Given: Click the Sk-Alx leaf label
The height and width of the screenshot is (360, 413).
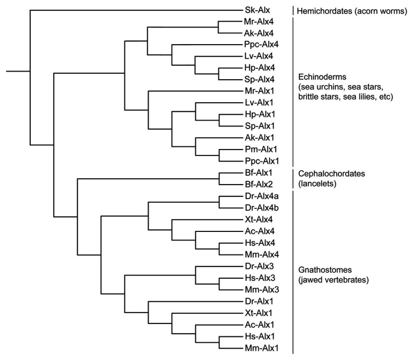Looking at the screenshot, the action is [x=257, y=11].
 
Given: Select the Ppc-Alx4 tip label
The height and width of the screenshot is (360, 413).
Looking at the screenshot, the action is [x=261, y=45].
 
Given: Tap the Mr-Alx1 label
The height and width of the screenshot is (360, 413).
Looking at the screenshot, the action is [x=259, y=91].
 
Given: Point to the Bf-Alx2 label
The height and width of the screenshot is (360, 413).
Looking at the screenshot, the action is [x=258, y=184].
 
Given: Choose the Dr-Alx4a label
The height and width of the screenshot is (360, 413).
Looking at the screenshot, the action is [x=262, y=196].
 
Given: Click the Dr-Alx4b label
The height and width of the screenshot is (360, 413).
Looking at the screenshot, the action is [x=262, y=208].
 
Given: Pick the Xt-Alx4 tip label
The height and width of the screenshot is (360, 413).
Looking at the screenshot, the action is [x=258, y=220].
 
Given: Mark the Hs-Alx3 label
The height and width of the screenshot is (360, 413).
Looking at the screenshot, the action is [x=260, y=278].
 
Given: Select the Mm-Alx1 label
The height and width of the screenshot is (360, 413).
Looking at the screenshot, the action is [x=261, y=348].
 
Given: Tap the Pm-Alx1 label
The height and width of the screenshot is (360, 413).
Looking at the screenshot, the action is [x=261, y=149].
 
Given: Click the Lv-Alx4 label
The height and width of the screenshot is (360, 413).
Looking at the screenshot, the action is [x=258, y=56].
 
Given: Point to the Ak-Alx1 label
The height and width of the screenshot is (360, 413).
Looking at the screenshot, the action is [x=259, y=138].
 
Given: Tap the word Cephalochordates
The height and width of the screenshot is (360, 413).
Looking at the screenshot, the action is [x=332, y=174].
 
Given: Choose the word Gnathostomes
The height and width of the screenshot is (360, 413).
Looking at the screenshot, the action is [x=325, y=270].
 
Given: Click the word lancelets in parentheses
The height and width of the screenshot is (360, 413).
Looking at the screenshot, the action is [x=317, y=183].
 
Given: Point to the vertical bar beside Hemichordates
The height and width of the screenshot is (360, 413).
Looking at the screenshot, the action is [x=293, y=11].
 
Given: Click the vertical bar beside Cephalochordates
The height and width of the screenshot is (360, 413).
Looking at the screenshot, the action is [x=293, y=179].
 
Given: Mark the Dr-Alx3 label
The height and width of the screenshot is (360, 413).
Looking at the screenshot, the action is [x=259, y=266].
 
